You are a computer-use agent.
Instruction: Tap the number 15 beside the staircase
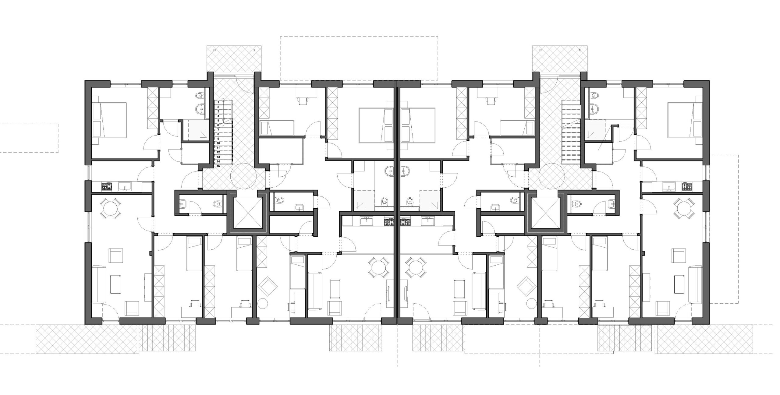pos(218,166)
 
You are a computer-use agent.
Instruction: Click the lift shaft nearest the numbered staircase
pos(247,213)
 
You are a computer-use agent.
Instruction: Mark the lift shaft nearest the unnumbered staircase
pos(545,213)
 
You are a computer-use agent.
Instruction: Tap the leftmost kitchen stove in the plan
pos(106,186)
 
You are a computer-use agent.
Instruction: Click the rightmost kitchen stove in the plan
pos(687,186)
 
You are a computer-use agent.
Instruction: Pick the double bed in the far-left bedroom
pos(110,120)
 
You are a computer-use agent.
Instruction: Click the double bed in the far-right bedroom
pos(684,120)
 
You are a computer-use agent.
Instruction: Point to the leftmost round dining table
pos(110,208)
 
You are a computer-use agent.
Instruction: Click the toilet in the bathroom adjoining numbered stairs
pos(200,96)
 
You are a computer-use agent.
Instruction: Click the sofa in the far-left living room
pos(99,284)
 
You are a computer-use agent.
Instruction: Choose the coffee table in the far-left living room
pos(115,284)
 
